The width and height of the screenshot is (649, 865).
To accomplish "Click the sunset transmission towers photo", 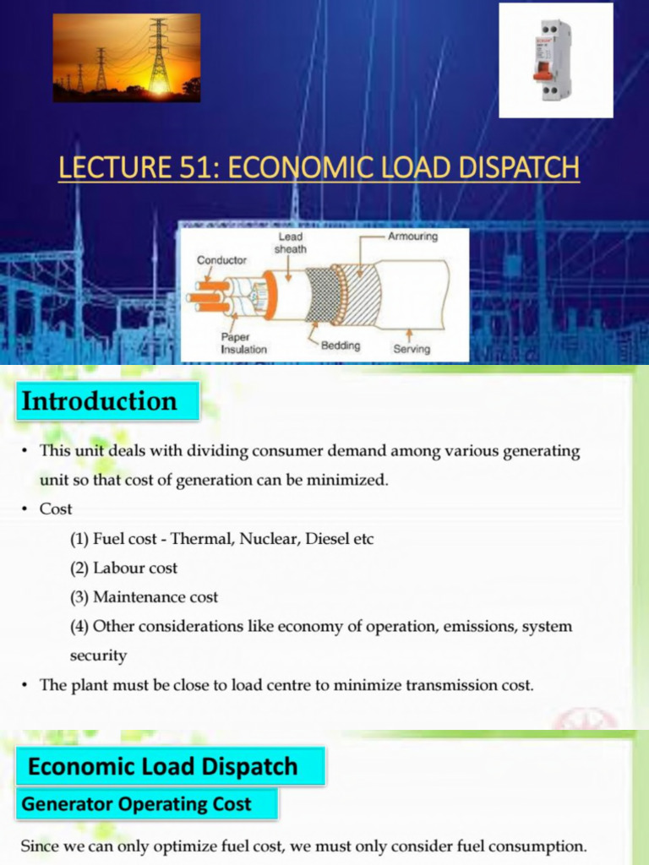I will [x=127, y=57].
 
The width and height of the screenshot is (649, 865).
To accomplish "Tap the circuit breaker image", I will [x=555, y=60].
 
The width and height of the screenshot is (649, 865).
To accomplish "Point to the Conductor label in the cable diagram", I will [x=221, y=260].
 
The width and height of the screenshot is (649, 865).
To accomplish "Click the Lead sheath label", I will [x=292, y=243].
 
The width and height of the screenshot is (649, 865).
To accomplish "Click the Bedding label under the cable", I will [x=340, y=345].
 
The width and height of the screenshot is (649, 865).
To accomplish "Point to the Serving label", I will [x=412, y=348].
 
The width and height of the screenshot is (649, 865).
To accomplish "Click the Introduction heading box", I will [x=106, y=400].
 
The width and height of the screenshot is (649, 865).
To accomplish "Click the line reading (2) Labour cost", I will [x=123, y=568].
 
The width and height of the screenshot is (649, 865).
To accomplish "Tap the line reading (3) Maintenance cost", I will [x=144, y=597].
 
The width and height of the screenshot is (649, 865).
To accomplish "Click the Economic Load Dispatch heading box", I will [x=170, y=767].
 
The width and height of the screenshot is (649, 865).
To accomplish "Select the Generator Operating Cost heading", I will [x=146, y=804].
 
